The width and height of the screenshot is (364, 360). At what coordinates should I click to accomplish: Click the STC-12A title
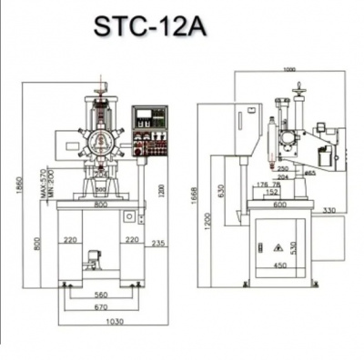[x=149, y=26]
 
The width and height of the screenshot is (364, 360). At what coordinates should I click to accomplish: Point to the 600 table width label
[x=280, y=205]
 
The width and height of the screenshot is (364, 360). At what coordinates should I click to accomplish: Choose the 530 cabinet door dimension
[x=294, y=247]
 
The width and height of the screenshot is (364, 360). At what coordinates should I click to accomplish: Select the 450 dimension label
[x=280, y=266]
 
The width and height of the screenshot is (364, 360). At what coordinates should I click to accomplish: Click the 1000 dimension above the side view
[x=290, y=70]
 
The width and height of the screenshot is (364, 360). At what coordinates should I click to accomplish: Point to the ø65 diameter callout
[x=309, y=171]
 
